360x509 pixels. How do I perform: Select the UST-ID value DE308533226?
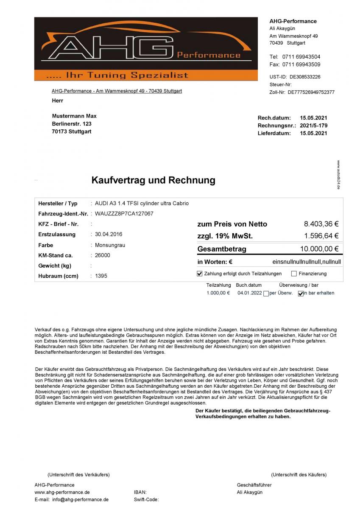[x=305, y=77]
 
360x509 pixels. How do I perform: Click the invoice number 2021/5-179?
[x=313, y=126]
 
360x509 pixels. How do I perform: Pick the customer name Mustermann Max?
[x=74, y=116]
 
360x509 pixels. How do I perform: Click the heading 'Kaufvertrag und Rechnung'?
[x=153, y=180]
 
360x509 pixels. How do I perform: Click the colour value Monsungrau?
[x=110, y=245]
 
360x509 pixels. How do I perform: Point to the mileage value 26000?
[x=103, y=255]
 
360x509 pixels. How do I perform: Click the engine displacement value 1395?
[x=101, y=276]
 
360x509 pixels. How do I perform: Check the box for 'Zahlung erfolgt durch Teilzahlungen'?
[x=200, y=274]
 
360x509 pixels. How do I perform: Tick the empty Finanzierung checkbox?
[x=294, y=274]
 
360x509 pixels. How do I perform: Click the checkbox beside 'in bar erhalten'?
[x=301, y=294]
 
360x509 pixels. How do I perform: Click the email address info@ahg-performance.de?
[x=81, y=500]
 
